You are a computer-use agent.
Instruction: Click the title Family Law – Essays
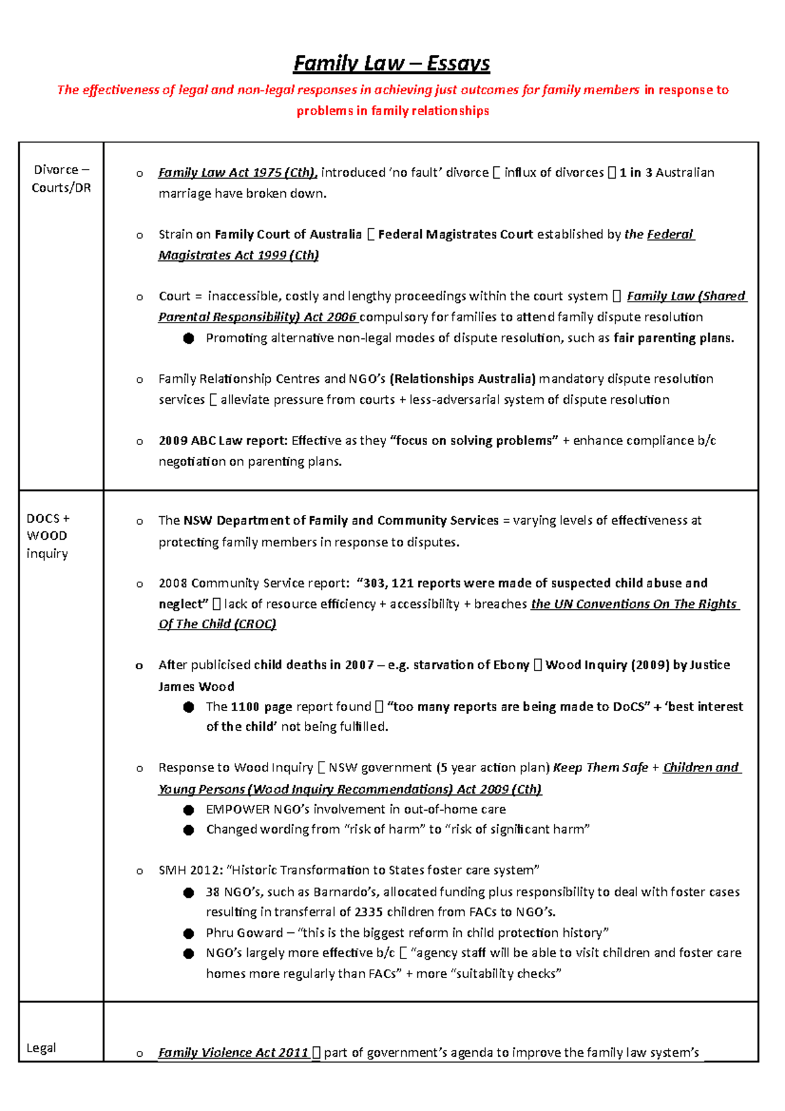[x=391, y=63]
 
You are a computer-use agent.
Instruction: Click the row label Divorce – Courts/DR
[x=61, y=179]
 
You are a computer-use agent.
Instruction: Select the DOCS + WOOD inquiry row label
[x=47, y=536]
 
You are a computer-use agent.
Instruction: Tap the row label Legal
[x=41, y=1048]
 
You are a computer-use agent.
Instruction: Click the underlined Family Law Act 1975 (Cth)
[x=237, y=173]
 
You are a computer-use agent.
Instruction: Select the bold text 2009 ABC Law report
[x=222, y=441]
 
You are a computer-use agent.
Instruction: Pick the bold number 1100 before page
[x=245, y=707]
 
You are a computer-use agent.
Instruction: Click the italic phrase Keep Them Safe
[x=600, y=767]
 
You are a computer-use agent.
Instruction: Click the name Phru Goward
[x=244, y=932]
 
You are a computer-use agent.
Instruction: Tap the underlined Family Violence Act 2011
[x=233, y=1053]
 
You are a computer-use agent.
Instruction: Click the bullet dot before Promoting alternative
[x=189, y=338]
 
